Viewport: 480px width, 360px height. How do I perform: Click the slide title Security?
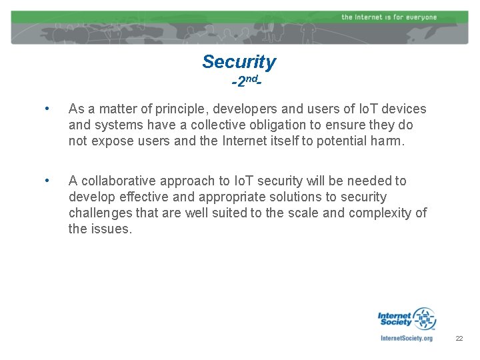tap(239, 62)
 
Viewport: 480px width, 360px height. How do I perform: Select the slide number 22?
tap(459, 339)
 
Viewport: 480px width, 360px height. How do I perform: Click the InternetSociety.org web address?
tap(406, 338)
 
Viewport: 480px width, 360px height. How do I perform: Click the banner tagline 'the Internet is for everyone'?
tap(389, 17)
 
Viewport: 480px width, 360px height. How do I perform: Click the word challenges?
tap(100, 213)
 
